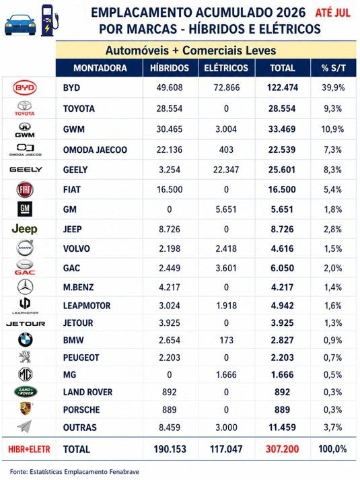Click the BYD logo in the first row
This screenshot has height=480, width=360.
click(25, 88)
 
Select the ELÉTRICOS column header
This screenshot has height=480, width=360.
click(226, 68)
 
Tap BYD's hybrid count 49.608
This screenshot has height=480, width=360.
click(170, 88)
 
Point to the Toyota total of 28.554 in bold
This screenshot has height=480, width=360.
click(282, 108)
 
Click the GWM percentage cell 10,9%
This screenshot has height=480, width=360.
click(332, 129)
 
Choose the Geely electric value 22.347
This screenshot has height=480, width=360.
click(226, 170)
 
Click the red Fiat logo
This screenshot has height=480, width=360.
click(25, 189)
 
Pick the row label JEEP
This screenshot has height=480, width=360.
click(72, 230)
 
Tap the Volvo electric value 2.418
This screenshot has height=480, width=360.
click(226, 248)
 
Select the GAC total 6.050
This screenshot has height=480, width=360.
click(283, 268)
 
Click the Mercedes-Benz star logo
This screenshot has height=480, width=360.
click(25, 287)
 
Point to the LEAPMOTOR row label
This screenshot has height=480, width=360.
click(87, 306)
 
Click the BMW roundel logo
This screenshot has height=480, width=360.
click(25, 340)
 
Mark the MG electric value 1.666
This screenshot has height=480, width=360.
click(226, 375)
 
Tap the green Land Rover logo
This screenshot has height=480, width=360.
click(26, 392)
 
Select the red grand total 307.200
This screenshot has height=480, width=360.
click(283, 449)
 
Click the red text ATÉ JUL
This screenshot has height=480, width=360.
click(333, 13)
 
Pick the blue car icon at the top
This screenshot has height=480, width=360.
click(20, 25)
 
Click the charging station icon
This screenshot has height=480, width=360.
click(49, 20)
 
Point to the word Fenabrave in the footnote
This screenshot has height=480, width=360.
click(124, 472)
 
